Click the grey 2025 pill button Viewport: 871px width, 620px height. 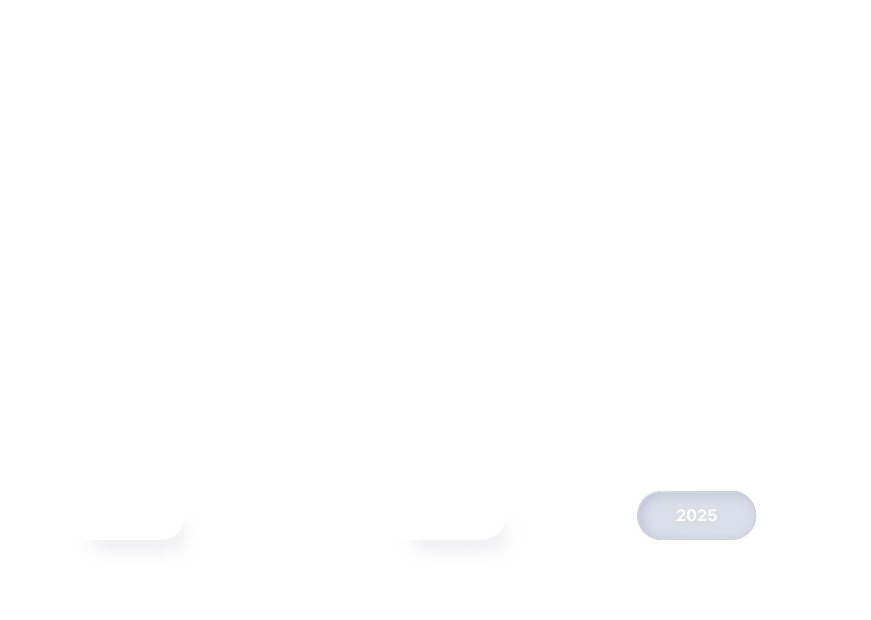pos(696,515)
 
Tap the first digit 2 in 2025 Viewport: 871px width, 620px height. pos(681,515)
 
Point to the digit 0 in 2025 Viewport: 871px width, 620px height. pos(692,515)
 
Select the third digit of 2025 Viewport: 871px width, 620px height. pos(702,515)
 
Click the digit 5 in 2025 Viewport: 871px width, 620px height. pos(712,515)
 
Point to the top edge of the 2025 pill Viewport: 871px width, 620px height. pos(696,492)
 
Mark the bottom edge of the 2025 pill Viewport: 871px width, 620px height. pos(696,539)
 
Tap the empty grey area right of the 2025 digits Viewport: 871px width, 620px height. pos(736,515)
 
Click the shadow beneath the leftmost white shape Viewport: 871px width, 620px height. pos(129,550)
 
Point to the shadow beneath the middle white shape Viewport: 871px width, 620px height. pos(450,550)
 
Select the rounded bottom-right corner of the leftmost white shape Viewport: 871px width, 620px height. pos(178,533)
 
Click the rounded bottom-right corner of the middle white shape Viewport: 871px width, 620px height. pos(499,533)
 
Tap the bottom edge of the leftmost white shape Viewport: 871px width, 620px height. pos(122,539)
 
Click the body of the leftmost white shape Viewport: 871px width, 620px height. pos(129,519)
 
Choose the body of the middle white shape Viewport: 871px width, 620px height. pos(450,519)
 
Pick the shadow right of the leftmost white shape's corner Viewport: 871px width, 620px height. pos(191,534)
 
